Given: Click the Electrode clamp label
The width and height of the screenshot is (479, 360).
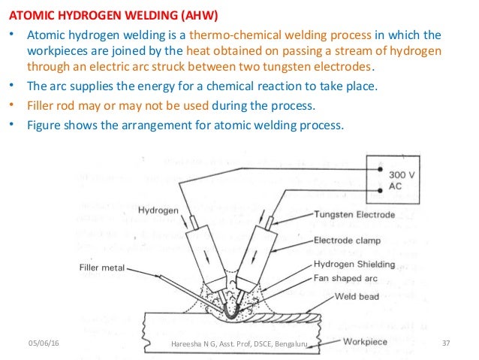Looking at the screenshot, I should pyautogui.click(x=348, y=241).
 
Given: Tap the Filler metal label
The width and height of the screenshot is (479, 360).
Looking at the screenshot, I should pyautogui.click(x=102, y=266).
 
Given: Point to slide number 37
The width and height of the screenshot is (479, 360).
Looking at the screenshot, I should pyautogui.click(x=445, y=343).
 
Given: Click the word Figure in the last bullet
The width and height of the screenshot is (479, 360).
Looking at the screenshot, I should pyautogui.click(x=44, y=124).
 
